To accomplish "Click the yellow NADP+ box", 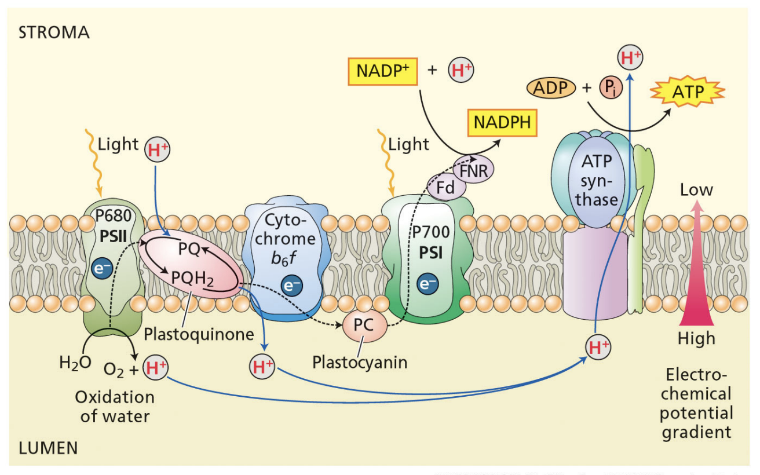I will [x=382, y=71].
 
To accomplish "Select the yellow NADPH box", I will [x=502, y=123].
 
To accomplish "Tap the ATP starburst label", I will [x=688, y=92].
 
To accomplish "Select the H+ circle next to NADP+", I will [x=461, y=71].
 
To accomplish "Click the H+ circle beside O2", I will [x=154, y=367].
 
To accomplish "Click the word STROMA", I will [x=54, y=32].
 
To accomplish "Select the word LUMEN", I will [x=49, y=448].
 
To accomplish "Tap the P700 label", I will [x=430, y=233].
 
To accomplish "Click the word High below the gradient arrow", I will [x=696, y=338].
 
